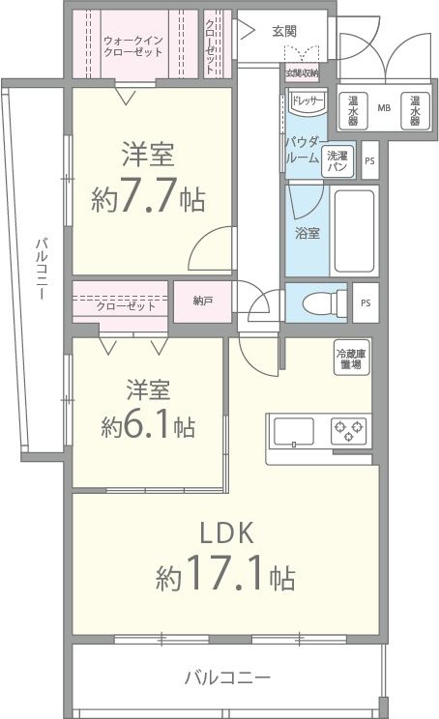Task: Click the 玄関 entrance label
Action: (284, 31)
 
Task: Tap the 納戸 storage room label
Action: (202, 302)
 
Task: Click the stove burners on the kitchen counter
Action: (347, 429)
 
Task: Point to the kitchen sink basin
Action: (293, 429)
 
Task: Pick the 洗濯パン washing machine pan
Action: (337, 160)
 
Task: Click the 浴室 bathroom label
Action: (307, 231)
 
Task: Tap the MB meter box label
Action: (383, 109)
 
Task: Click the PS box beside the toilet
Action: (365, 302)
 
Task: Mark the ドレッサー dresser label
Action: (307, 100)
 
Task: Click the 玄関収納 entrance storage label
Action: (302, 72)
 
